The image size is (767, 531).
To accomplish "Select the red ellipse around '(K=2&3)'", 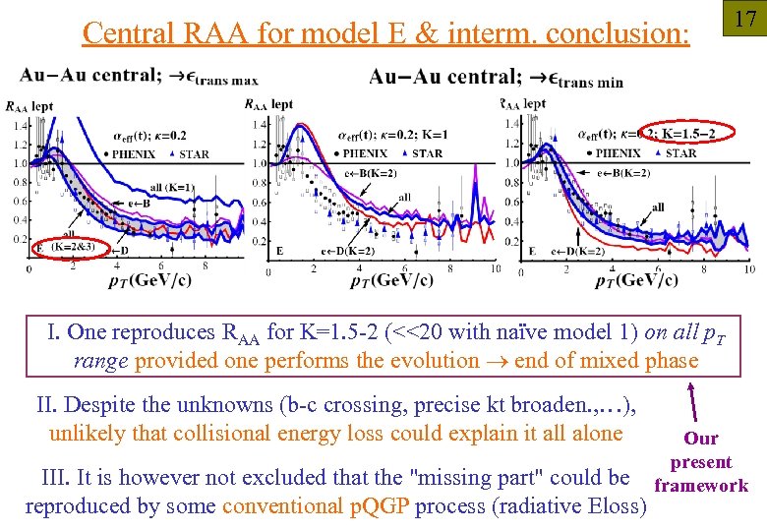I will click(x=68, y=246).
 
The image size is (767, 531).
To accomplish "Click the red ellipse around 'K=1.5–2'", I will click(x=678, y=133).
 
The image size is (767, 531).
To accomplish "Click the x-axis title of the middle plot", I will click(x=391, y=281).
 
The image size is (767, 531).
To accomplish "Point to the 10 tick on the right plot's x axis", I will click(x=749, y=269).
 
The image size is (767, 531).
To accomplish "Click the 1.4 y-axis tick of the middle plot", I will click(x=258, y=125).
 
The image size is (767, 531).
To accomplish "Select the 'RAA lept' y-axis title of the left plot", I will click(x=29, y=105).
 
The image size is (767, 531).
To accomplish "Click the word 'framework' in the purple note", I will click(x=701, y=486).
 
